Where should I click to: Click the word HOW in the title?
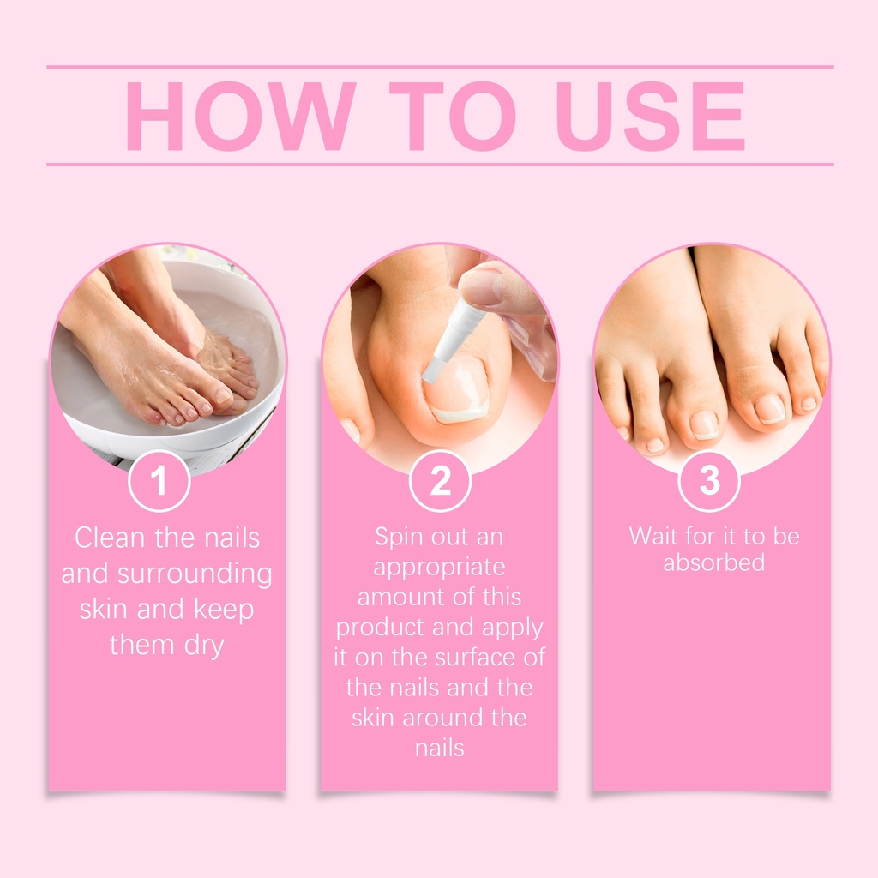(241, 116)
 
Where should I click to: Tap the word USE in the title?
(651, 116)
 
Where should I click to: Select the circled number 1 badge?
(159, 481)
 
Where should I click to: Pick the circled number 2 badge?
(440, 481)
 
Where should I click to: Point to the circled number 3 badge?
(709, 481)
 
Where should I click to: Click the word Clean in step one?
(111, 538)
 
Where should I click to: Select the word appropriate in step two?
(440, 568)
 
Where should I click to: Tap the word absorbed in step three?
(714, 562)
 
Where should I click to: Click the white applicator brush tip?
(432, 370)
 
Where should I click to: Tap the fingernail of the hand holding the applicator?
(480, 286)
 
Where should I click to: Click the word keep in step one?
(224, 610)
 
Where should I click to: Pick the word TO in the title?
(453, 116)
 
